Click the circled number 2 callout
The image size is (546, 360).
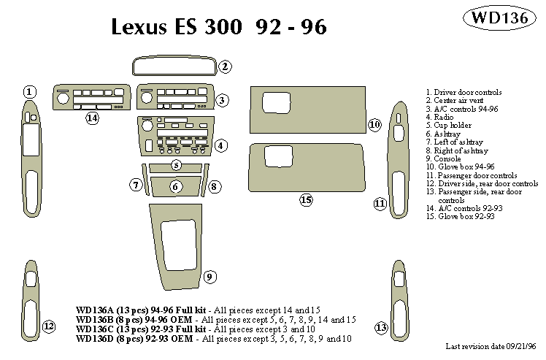226,66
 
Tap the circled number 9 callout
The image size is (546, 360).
209,276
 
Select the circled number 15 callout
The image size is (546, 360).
306,199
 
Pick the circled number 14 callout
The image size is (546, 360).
92,118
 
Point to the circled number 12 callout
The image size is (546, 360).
48,326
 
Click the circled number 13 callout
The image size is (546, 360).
381,327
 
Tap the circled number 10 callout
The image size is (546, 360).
374,124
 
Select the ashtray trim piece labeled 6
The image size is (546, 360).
176,187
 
